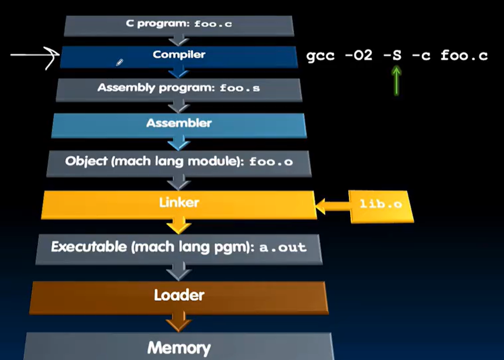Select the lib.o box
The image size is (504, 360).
coord(381,205)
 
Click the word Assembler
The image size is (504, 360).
coord(179,123)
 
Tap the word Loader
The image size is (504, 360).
coord(179,295)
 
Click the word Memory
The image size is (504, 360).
coord(179,347)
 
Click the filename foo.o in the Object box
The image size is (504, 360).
coord(270,162)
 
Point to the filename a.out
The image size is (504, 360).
coord(283,247)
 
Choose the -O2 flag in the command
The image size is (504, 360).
coord(358,55)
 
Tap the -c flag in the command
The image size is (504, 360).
coord(421,55)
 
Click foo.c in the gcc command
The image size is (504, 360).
coord(464,55)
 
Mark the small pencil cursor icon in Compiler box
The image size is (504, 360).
coord(119,62)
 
